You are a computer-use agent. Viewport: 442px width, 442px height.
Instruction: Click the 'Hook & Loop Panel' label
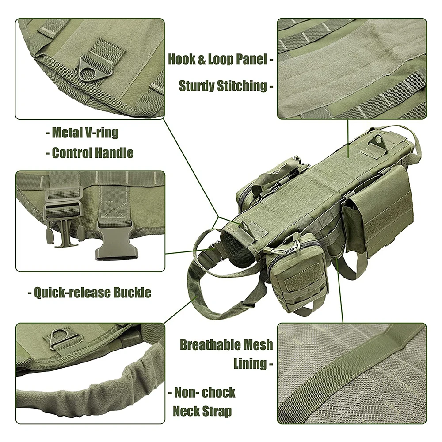click(x=217, y=59)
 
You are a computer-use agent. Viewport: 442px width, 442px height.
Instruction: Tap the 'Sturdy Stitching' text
click(x=223, y=86)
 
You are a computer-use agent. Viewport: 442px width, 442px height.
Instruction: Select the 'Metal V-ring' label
click(x=85, y=133)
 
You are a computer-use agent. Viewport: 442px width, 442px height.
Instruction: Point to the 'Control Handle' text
click(x=93, y=153)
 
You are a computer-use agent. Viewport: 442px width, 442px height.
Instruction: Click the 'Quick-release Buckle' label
click(x=92, y=292)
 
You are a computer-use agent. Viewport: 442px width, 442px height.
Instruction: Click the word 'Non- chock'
click(x=205, y=392)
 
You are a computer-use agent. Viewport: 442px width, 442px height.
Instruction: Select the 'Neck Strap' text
click(x=202, y=411)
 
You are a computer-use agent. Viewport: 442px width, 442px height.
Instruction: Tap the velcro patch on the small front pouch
click(x=303, y=278)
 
